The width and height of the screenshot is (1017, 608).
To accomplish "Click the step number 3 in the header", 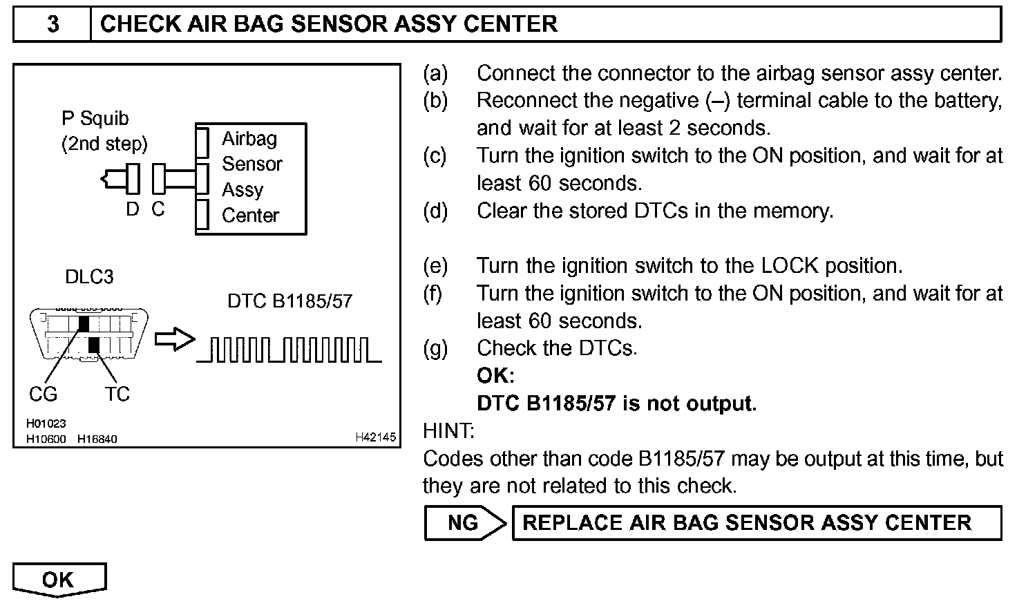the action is pyautogui.click(x=53, y=24).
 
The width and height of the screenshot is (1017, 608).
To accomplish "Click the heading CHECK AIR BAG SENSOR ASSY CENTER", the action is pyautogui.click(x=328, y=24).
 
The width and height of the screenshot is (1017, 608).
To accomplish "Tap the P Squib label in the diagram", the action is pyautogui.click(x=95, y=119).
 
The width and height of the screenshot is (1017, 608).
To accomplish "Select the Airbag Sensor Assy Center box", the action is pyautogui.click(x=251, y=178).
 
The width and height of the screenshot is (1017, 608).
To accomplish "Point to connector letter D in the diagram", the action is pyautogui.click(x=132, y=209).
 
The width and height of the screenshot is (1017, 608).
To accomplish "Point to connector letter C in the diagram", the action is pyautogui.click(x=158, y=209).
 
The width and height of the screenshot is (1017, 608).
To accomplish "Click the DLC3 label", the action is pyautogui.click(x=89, y=277).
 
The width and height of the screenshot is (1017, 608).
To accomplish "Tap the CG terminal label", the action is pyautogui.click(x=43, y=395).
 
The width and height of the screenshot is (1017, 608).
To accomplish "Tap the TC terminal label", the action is pyautogui.click(x=117, y=395).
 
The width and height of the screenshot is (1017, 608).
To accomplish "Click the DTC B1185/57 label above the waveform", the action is pyautogui.click(x=289, y=301).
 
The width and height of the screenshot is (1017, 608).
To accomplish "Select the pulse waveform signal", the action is pyautogui.click(x=289, y=350).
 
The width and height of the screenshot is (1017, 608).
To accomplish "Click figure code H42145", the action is pyautogui.click(x=375, y=437).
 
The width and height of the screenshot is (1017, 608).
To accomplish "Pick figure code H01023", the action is pyautogui.click(x=46, y=424).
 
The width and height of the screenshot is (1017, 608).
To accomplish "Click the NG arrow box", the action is pyautogui.click(x=464, y=522).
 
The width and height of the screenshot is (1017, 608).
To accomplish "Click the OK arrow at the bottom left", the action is pyautogui.click(x=59, y=579).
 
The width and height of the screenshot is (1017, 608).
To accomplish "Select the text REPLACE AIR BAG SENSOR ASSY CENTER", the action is pyautogui.click(x=747, y=522).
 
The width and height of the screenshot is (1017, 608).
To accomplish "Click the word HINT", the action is pyautogui.click(x=448, y=431).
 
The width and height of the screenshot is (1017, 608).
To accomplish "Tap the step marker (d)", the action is pyautogui.click(x=435, y=211).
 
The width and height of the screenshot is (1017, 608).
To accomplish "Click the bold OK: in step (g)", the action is pyautogui.click(x=495, y=376).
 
